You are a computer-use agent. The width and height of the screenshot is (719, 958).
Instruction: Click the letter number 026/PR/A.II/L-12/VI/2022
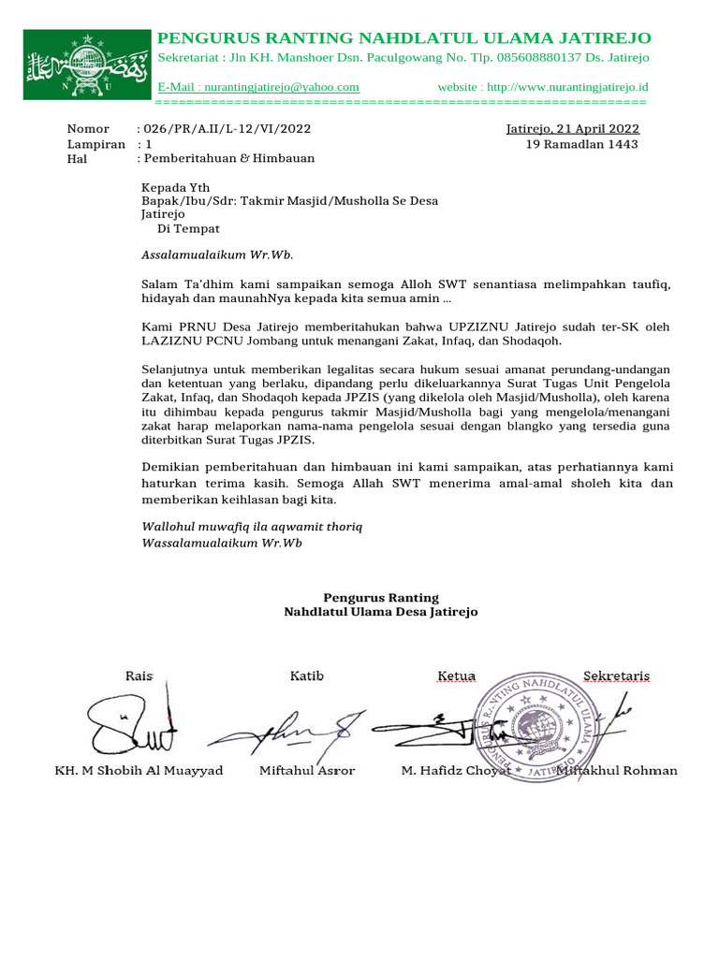(226, 129)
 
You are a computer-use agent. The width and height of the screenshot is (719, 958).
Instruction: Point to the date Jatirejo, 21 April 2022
(572, 129)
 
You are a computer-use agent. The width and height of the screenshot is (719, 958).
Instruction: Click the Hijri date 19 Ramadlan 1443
(581, 144)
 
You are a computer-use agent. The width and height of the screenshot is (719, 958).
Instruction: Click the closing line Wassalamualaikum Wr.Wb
(222, 543)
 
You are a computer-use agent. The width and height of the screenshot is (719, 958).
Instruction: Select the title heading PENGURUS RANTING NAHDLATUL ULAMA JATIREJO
(404, 38)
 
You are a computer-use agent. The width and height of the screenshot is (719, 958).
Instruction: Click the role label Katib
(306, 675)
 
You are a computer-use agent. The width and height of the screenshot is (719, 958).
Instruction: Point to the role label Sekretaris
(616, 675)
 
